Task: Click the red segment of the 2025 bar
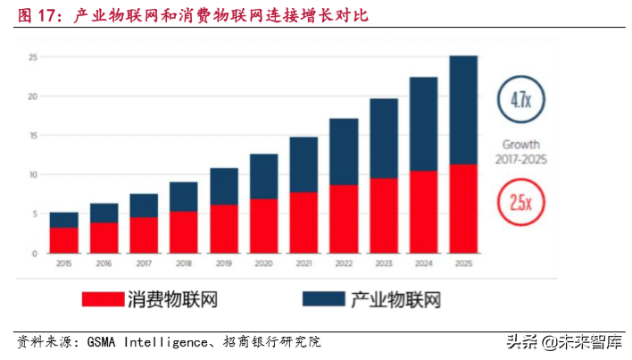tap(462, 208)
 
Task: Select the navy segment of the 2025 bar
tap(462, 110)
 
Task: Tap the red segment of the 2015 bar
tap(63, 240)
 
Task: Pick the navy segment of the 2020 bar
tap(263, 177)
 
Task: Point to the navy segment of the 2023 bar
tap(383, 138)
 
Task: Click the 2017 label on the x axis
tap(143, 264)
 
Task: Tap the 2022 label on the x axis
tap(343, 264)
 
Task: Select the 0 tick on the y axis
tap(34, 254)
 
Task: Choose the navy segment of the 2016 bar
tap(104, 213)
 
